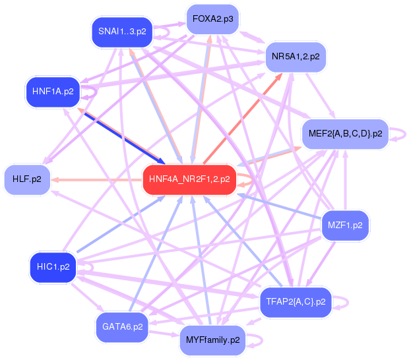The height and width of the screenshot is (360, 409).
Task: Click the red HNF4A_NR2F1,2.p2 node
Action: coord(189,179)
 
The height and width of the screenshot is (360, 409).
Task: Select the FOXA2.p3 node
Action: coord(212,19)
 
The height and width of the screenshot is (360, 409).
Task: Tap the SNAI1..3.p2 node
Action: coord(122,31)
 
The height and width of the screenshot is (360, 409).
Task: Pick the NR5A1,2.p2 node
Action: coord(295,57)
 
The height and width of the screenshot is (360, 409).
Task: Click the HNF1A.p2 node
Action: coord(53,91)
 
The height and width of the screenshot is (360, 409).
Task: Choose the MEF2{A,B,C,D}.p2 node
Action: coord(346,134)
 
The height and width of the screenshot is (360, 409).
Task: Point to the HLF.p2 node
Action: coord(27,179)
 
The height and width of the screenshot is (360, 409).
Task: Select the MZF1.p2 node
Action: coord(344,225)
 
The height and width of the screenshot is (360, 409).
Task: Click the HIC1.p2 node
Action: coord(53,266)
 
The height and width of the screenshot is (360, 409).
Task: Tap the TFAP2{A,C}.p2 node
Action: coord(296,302)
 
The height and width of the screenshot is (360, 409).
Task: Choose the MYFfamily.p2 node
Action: coord(212,340)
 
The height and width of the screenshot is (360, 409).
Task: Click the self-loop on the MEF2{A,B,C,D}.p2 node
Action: coord(397,134)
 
